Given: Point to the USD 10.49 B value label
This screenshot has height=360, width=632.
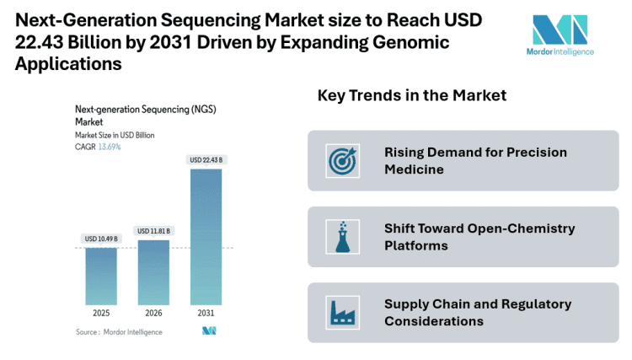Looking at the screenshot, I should [x=100, y=239].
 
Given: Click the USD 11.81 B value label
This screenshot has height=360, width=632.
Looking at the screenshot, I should [x=153, y=231].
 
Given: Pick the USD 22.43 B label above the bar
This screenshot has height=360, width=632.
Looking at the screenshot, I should [x=206, y=160].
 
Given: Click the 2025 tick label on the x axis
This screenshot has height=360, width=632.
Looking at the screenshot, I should [x=100, y=314].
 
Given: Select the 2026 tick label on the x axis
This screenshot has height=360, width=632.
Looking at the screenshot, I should [x=153, y=314].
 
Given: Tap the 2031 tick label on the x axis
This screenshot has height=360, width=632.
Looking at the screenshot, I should [x=206, y=314].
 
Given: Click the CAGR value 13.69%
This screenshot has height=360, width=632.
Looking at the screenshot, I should [x=110, y=147].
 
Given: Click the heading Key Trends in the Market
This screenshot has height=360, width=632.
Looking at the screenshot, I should [x=411, y=95].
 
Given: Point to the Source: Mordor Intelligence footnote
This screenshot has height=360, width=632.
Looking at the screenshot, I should [x=119, y=332].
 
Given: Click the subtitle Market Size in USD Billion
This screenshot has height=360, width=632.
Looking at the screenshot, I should [x=115, y=135].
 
